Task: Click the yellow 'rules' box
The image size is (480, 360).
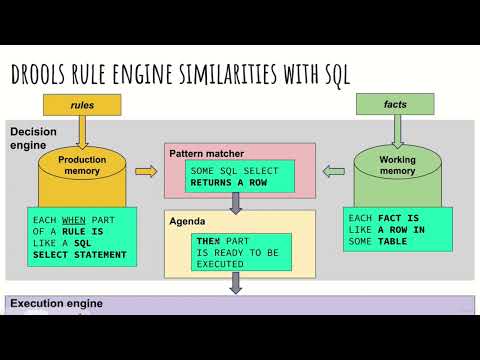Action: (x=81, y=104)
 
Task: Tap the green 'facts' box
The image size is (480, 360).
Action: (x=396, y=103)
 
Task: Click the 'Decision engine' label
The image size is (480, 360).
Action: (x=32, y=139)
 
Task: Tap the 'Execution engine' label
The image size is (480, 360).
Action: (x=56, y=303)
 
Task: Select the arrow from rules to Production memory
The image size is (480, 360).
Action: (x=81, y=130)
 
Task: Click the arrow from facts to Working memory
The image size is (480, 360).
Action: (x=396, y=130)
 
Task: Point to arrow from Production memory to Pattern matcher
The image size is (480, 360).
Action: (x=145, y=172)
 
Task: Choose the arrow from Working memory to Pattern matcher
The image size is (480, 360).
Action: (x=333, y=172)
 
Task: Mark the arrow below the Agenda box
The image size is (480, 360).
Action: (x=237, y=283)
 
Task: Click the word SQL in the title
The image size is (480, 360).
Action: (x=334, y=72)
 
